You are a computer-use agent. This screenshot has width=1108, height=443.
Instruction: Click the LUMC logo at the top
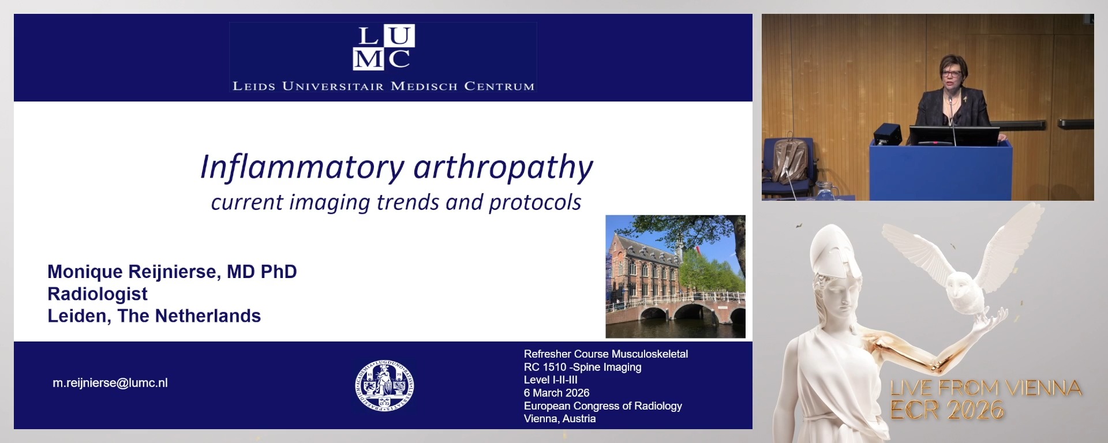[x=383, y=47]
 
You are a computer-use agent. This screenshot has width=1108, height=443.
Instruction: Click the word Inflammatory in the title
[x=302, y=167]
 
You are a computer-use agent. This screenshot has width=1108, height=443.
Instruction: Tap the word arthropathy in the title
[x=503, y=167]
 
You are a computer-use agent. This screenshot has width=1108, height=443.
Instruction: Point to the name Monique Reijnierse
[x=132, y=272]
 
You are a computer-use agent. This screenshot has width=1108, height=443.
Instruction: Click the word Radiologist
[x=98, y=294]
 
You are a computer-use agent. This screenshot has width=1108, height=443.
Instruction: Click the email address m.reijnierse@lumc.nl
[x=110, y=383]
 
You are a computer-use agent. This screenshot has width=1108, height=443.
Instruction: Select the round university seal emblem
[x=384, y=386]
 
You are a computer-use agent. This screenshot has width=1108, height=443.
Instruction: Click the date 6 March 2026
[x=556, y=393]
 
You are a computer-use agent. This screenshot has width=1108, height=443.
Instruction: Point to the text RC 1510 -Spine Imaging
[x=582, y=367]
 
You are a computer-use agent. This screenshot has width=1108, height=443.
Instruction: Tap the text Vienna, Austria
[x=559, y=419]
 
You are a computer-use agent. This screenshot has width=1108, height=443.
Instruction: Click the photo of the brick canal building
[x=675, y=276]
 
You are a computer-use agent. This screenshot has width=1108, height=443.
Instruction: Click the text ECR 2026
[x=947, y=410]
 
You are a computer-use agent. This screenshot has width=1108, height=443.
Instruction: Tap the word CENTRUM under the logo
[x=499, y=87]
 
